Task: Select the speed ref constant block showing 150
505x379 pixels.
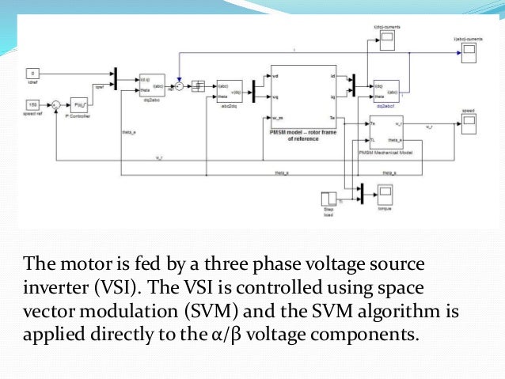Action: point(34,104)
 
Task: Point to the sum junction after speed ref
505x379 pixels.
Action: point(56,104)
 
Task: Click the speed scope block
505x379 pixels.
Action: point(468,123)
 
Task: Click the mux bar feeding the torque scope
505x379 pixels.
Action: point(360,192)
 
